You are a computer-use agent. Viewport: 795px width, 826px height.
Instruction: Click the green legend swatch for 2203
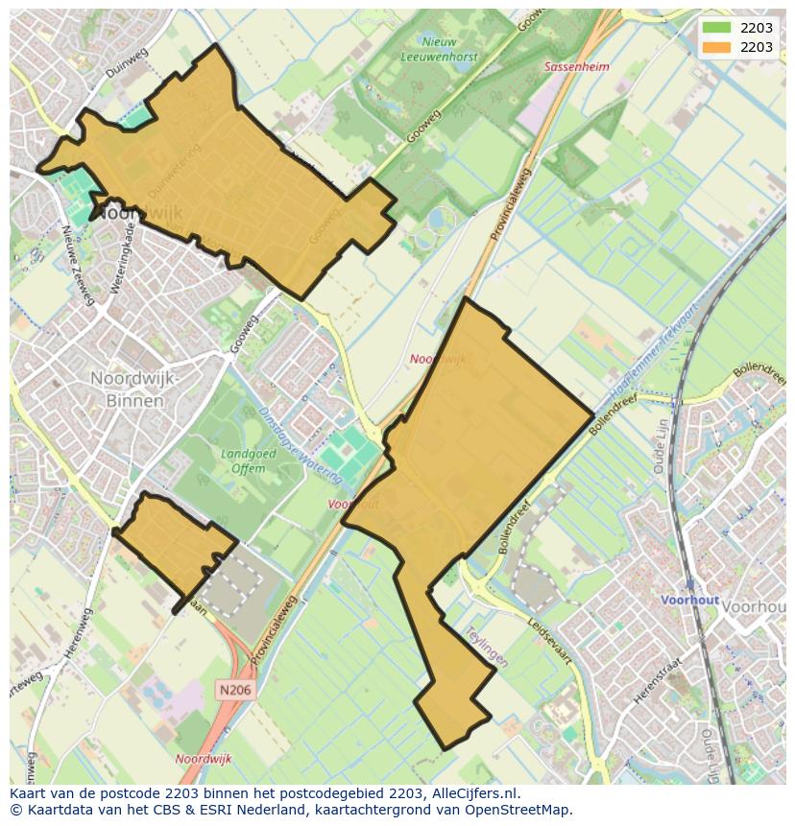pos(716,28)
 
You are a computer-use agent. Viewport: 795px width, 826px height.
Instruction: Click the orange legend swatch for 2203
pos(716,47)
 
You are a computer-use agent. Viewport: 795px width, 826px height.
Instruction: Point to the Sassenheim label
pos(576,67)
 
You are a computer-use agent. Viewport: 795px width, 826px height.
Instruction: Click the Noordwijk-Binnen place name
pos(133,389)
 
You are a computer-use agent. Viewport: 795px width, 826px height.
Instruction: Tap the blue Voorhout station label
pos(689,600)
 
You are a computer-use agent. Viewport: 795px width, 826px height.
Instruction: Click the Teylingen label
pos(486,648)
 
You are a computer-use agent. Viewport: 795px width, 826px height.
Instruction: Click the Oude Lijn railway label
pos(661,448)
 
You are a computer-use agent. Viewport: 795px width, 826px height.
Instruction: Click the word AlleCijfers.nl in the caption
pos(474,793)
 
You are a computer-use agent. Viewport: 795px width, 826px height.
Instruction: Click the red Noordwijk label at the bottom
pos(204,759)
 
